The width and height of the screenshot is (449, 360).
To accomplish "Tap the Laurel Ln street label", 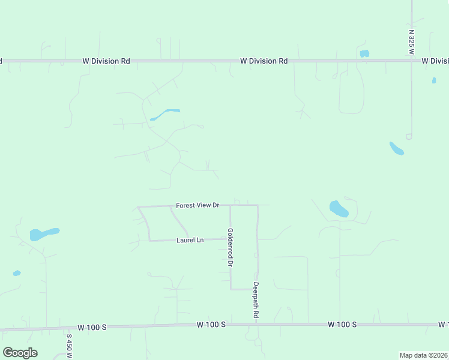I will click(x=190, y=240).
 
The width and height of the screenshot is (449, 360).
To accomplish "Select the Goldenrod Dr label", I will click(x=230, y=247).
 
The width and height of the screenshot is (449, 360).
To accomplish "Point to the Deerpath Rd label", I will click(x=256, y=300).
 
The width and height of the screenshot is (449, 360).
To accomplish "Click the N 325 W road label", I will click(x=412, y=43).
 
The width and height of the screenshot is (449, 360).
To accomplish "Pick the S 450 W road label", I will click(x=70, y=346).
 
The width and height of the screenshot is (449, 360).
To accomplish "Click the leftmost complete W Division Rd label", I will click(x=106, y=61).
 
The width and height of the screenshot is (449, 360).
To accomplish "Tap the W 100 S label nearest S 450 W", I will click(x=93, y=327).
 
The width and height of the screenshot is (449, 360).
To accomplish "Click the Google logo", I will click(x=20, y=353).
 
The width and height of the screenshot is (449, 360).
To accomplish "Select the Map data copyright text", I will click(x=423, y=355).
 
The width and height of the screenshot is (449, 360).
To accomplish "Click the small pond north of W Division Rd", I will click(x=364, y=53).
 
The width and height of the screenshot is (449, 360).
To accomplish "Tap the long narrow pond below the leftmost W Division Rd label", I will click(x=165, y=113).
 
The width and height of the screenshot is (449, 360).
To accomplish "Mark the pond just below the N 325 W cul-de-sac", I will click(x=397, y=148).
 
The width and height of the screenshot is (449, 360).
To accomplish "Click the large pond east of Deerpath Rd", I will click(x=339, y=209).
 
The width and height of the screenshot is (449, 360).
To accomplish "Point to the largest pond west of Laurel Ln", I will click(x=44, y=233).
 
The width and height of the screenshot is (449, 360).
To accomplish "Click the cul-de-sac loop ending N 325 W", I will click(x=409, y=136).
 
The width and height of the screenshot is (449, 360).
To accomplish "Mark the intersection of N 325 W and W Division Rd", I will click(x=411, y=61).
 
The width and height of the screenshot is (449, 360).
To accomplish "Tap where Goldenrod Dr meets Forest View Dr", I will click(x=231, y=205).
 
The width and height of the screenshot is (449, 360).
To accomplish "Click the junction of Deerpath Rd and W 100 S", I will click(x=257, y=324).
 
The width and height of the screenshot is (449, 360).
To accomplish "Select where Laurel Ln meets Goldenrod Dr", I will click(x=231, y=239).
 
